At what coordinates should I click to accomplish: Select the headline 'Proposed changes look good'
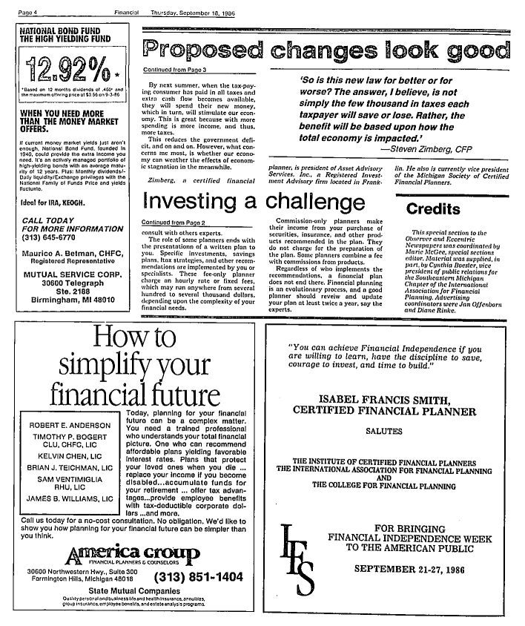tap(326, 50)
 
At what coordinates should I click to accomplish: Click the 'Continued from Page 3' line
tap(170, 68)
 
